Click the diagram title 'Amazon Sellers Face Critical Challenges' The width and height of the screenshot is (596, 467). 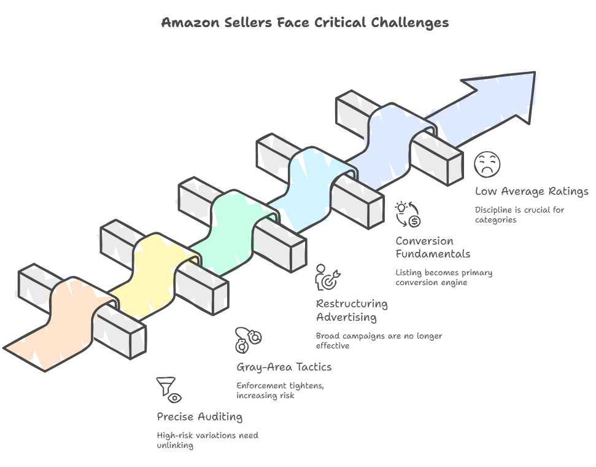(x=304, y=23)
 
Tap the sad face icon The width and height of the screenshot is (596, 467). (x=487, y=165)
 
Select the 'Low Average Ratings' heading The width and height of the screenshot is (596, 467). (x=532, y=192)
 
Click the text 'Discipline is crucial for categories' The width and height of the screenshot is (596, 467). (x=519, y=214)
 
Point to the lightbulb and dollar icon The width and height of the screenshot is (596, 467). (x=408, y=214)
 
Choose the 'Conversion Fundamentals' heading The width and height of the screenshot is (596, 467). (x=433, y=247)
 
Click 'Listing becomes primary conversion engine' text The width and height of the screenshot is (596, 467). (x=444, y=277)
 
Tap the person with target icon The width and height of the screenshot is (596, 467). (x=328, y=277)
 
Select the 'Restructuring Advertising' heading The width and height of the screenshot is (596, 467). (x=352, y=310)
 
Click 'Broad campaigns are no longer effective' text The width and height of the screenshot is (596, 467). (x=379, y=340)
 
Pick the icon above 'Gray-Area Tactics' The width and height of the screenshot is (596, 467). (x=249, y=340)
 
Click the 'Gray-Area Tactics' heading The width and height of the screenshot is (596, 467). (x=284, y=367)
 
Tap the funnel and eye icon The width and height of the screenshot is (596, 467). (x=169, y=390)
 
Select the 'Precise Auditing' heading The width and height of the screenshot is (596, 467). (x=199, y=417)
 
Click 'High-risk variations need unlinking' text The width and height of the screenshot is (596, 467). (x=207, y=440)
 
